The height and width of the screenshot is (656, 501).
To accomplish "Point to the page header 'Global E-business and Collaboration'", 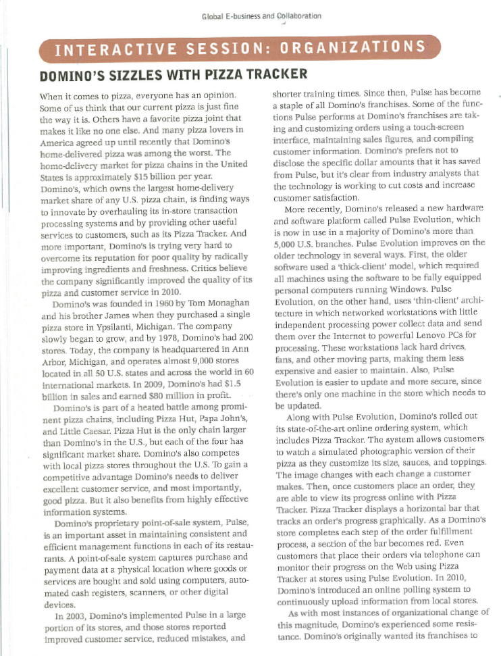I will click(261, 15).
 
